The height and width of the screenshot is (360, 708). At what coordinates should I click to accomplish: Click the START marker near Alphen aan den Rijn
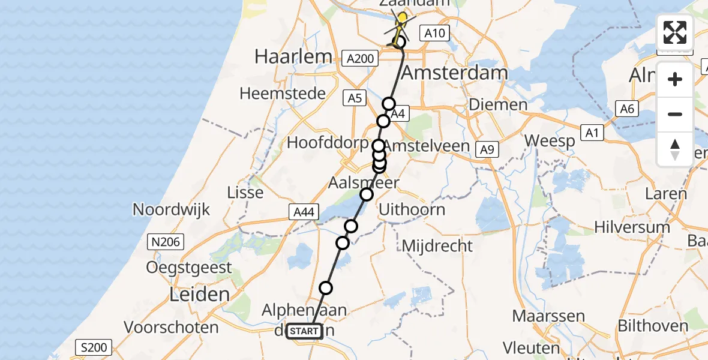tap(305, 331)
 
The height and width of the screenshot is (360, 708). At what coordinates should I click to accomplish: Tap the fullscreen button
tap(675, 32)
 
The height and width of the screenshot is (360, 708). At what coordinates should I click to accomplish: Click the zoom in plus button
tap(675, 79)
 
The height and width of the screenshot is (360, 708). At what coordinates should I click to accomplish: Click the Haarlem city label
tap(293, 57)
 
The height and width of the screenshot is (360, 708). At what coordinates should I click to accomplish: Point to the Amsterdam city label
tap(454, 73)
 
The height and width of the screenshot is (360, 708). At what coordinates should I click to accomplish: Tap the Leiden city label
tap(200, 295)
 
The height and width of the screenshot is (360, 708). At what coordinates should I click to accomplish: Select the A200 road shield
tap(360, 58)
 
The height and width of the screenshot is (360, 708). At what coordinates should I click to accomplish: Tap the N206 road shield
tap(166, 242)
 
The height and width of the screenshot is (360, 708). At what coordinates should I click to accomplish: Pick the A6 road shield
tap(627, 109)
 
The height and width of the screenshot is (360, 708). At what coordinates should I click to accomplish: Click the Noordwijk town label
tap(171, 210)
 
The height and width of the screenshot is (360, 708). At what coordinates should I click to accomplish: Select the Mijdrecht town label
tap(437, 245)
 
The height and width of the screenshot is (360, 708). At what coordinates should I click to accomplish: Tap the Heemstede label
tap(283, 94)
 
